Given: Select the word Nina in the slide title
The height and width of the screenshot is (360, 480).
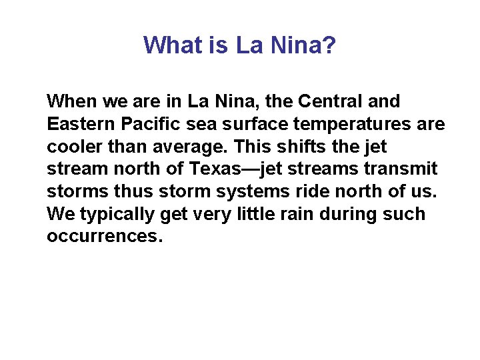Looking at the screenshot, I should pos(297,45).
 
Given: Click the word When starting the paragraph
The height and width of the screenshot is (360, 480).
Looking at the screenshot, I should pos(72,102).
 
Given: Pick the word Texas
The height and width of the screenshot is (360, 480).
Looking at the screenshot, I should pos(219,169).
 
